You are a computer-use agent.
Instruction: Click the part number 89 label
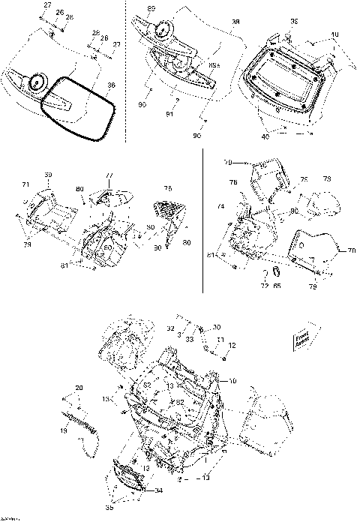click(x=151, y=8)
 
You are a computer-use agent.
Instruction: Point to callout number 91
click(x=169, y=115)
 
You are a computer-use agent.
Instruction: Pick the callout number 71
click(x=25, y=184)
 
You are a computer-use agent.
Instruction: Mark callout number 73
click(x=327, y=179)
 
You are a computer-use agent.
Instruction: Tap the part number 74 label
click(x=220, y=206)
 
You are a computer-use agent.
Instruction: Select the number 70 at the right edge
click(x=352, y=250)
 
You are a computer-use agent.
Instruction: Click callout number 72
click(x=264, y=285)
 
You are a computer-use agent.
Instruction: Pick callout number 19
click(x=63, y=432)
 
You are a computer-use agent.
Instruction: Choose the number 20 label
click(x=78, y=387)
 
